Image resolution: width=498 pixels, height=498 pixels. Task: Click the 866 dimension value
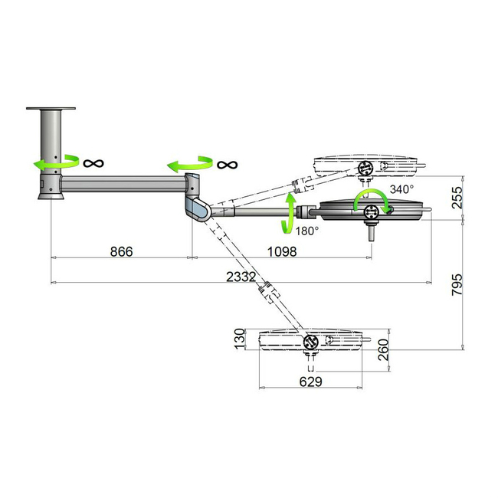click(x=121, y=251)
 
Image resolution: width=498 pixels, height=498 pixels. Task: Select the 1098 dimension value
click(x=282, y=251)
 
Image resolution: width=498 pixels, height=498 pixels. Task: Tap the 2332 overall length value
click(x=241, y=277)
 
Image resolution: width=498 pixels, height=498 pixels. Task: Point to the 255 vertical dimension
click(x=457, y=197)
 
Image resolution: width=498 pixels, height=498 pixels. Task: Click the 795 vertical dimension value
click(x=457, y=284)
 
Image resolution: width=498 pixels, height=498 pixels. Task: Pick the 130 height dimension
click(x=240, y=339)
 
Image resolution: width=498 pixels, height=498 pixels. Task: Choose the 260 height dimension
click(x=383, y=349)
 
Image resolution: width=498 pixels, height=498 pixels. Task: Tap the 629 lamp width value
click(x=310, y=382)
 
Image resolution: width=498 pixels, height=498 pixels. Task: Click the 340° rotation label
click(x=401, y=189)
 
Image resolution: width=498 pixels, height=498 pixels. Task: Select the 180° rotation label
click(x=307, y=231)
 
